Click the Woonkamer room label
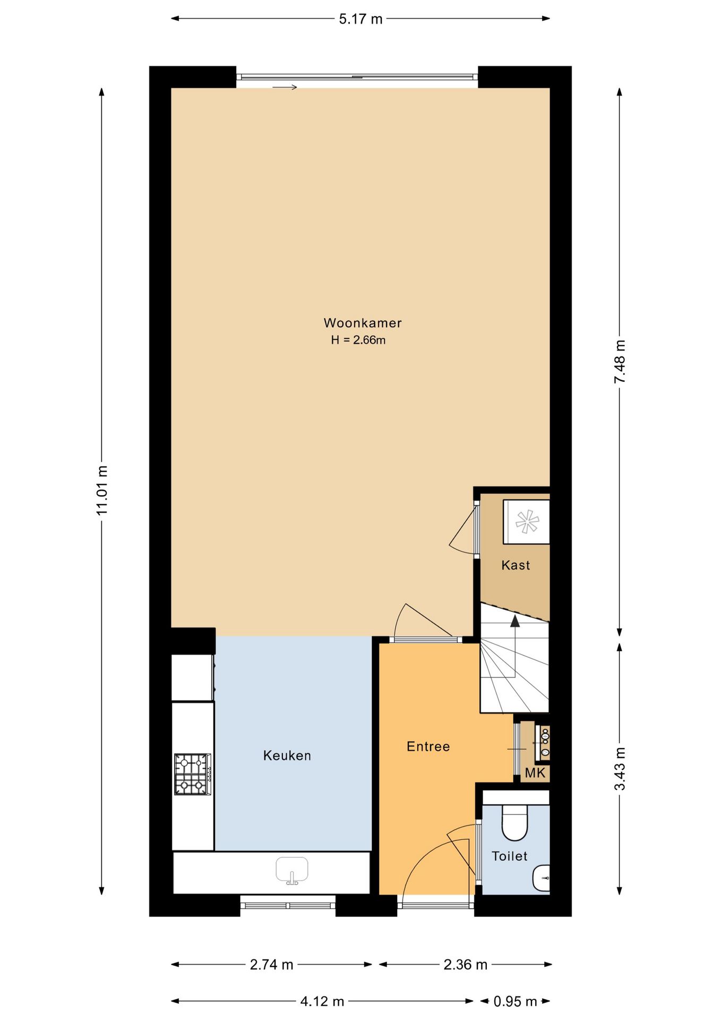pos(363,323)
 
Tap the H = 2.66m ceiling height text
pos(358,340)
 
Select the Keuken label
pos(287,755)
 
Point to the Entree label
pos(428,746)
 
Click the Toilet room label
pos(510,856)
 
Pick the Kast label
pos(516,565)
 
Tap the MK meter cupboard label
pos(535,773)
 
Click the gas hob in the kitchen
pos(192,774)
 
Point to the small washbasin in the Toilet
pos(541,878)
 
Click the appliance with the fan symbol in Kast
pos(527,522)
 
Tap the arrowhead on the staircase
pos(514,621)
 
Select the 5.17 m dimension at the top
pos(360,19)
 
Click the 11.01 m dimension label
pos(102,490)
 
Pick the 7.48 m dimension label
pos(620,361)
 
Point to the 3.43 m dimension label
pos(620,769)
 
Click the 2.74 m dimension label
pos(272,964)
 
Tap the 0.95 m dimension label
pos(515,1001)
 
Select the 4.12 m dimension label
pos(322,1001)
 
